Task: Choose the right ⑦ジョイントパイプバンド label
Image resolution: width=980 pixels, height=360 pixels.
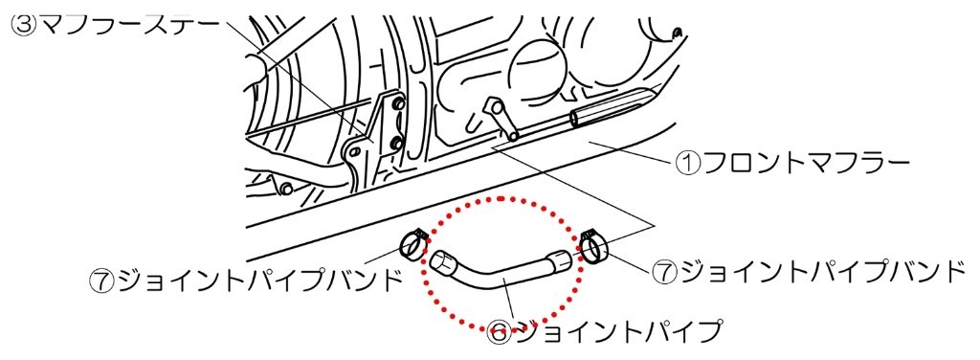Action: (809, 271)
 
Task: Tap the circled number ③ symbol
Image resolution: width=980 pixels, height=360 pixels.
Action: (22, 24)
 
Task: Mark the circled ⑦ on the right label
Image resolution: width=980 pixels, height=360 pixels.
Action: (666, 271)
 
